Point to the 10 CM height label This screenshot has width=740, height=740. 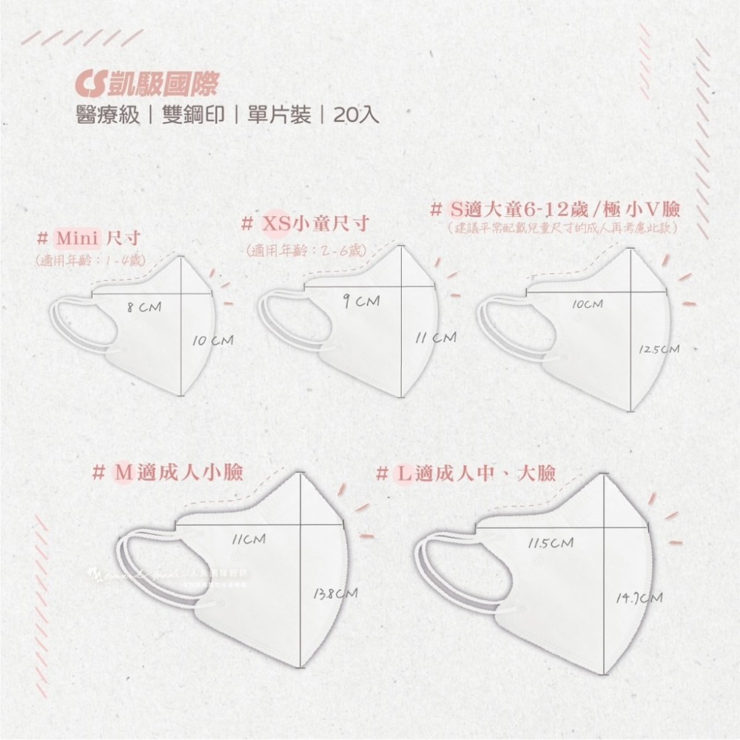212,340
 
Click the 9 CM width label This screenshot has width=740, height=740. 361,300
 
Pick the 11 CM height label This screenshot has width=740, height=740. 435,337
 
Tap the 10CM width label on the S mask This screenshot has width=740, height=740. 588,304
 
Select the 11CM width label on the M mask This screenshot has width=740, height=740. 248,539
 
